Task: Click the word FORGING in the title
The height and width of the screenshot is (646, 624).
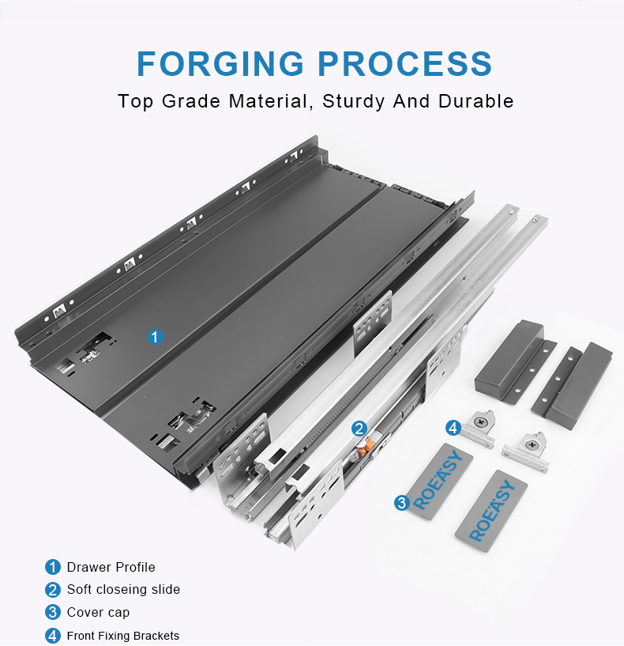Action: point(220,63)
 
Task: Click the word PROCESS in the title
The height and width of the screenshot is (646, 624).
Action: point(405,63)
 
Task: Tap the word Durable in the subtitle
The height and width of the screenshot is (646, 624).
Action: point(476,101)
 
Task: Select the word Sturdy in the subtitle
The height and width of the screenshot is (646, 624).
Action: point(353,102)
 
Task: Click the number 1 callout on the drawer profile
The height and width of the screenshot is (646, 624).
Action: point(155,337)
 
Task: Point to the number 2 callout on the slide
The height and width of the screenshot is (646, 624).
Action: point(359,429)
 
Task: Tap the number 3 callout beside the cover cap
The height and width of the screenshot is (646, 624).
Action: point(402,503)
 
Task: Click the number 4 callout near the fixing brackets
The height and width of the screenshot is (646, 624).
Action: point(453,428)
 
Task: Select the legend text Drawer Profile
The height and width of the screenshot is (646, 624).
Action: point(111,567)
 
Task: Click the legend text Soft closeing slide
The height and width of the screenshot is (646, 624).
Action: point(123,590)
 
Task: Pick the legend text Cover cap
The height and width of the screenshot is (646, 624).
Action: point(99,613)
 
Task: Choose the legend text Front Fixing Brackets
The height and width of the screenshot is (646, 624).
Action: point(123,636)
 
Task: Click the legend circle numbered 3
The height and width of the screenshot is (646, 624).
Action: point(53,612)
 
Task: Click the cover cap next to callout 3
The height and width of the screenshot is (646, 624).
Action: point(441,481)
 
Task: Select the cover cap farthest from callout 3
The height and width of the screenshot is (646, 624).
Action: point(491,511)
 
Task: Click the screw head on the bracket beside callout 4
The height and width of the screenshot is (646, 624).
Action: point(480,421)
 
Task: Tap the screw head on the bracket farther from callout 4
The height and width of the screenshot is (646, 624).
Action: point(532,445)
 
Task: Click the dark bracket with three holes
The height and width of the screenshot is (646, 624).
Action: point(572,386)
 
